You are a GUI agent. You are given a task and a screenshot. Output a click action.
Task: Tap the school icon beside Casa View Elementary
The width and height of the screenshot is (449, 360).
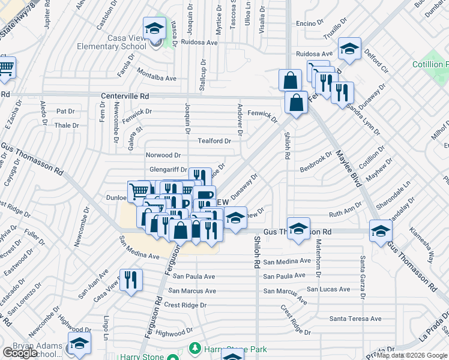(154, 28)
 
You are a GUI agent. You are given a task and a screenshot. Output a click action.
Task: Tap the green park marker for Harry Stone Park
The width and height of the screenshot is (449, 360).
(194, 348)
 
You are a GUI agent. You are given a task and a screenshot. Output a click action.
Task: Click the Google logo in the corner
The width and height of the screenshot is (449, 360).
(20, 352)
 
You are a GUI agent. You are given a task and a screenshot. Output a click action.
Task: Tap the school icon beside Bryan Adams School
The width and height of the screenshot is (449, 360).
(78, 345)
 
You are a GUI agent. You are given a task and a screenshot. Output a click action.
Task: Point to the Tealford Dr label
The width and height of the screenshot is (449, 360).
(214, 141)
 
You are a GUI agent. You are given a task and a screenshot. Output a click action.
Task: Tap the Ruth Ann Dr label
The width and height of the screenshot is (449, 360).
(346, 214)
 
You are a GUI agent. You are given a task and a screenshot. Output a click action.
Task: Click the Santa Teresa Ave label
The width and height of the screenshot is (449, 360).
(355, 319)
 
